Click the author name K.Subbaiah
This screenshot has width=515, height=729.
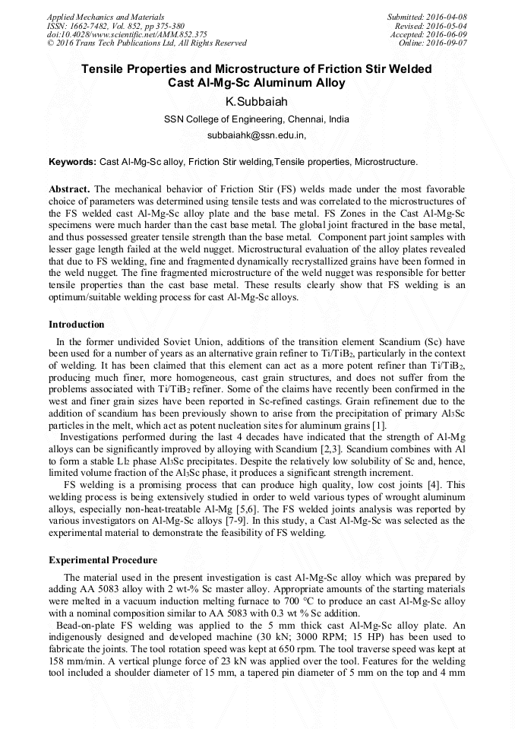tap(257, 102)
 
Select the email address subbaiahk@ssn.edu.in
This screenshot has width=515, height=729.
tap(256, 135)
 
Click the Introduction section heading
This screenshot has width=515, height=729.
tap(77, 325)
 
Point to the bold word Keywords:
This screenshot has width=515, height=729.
tap(73, 162)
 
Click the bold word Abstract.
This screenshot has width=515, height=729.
tap(69, 189)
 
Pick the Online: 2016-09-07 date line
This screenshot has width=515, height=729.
tap(433, 43)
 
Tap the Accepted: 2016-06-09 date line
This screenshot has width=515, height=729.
tap(429, 34)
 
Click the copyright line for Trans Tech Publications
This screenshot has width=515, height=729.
tap(147, 43)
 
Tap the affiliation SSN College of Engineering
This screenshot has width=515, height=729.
tap(257, 119)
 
